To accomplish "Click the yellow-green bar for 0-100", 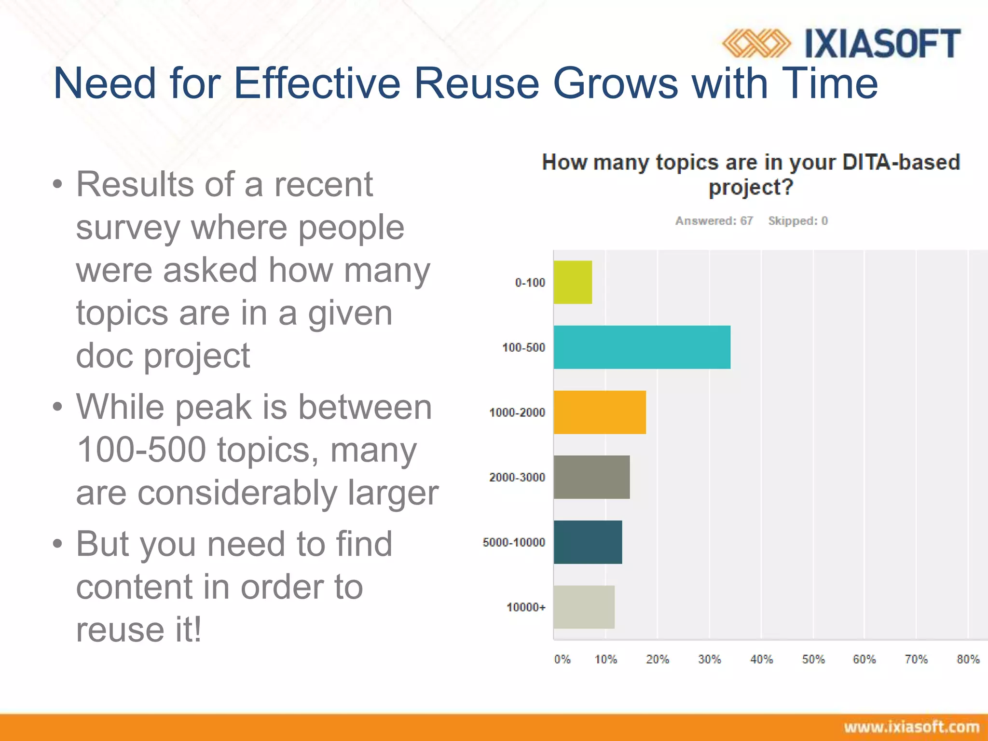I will tap(573, 282).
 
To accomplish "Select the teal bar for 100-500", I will tap(642, 347).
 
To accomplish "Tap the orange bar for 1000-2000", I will tap(600, 412).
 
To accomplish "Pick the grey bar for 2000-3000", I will tap(591, 477).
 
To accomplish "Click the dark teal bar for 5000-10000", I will tap(588, 542).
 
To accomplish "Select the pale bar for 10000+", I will tap(584, 607).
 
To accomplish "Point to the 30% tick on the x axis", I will tap(709, 659).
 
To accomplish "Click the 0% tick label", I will tap(562, 659).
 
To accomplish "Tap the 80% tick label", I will tap(968, 659).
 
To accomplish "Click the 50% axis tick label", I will tap(813, 659).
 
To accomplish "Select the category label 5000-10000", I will tap(514, 542).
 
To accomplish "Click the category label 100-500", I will tap(523, 347).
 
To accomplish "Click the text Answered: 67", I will tap(714, 221).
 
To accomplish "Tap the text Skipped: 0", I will tap(798, 221).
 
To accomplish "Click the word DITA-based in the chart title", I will tap(901, 163).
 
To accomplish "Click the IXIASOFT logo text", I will tap(882, 44).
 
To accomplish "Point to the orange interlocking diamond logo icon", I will tap(756, 44).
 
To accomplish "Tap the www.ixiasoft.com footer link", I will tap(911, 727).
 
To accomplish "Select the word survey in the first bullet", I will tap(128, 228).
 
